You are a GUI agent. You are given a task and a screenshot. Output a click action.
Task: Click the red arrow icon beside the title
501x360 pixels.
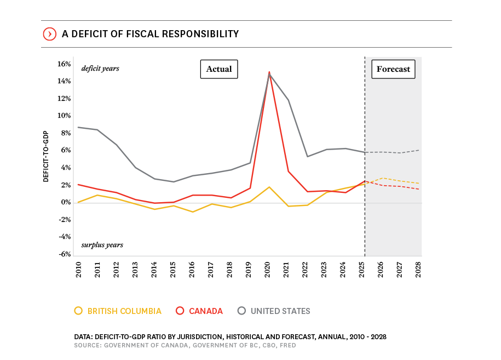pyautogui.click(x=50, y=34)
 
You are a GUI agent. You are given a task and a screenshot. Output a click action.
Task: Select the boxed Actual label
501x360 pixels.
pyautogui.click(x=219, y=69)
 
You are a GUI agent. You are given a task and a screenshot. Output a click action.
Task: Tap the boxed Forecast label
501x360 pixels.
pyautogui.click(x=393, y=69)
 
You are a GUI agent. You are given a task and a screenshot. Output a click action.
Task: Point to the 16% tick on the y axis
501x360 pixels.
pyautogui.click(x=65, y=64)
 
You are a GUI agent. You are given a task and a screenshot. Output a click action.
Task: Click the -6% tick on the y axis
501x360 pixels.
pyautogui.click(x=65, y=254)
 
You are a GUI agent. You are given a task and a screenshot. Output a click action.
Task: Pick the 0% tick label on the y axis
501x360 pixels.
pyautogui.click(x=66, y=202)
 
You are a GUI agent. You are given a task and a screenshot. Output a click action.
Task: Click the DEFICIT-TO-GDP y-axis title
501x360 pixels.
pyautogui.click(x=47, y=157)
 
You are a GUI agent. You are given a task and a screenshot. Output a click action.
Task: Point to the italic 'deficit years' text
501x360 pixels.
pyautogui.click(x=100, y=68)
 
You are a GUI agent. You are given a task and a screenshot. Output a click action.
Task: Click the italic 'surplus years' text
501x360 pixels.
pyautogui.click(x=102, y=245)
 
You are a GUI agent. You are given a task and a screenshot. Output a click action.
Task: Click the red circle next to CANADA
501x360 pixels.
pyautogui.click(x=179, y=311)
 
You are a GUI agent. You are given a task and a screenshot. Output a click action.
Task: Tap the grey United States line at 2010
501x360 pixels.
pyautogui.click(x=79, y=127)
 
